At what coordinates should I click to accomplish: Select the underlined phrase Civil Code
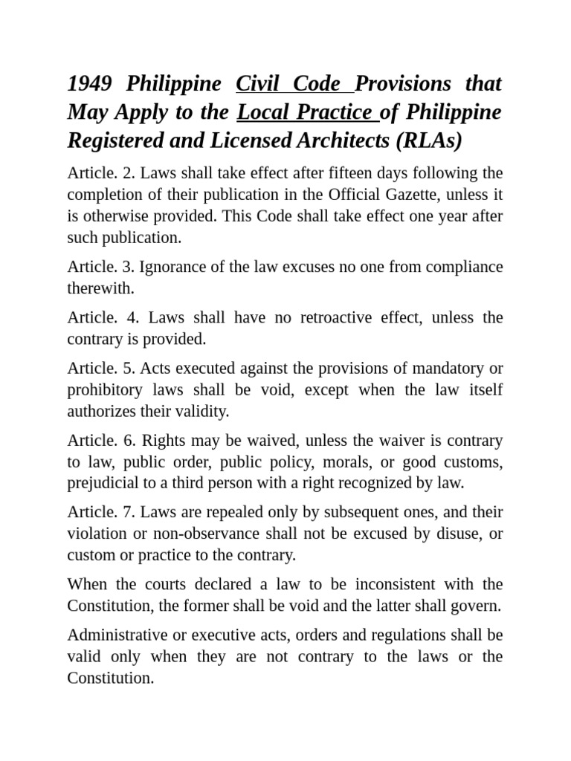click(288, 84)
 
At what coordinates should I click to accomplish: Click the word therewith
click(100, 288)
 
